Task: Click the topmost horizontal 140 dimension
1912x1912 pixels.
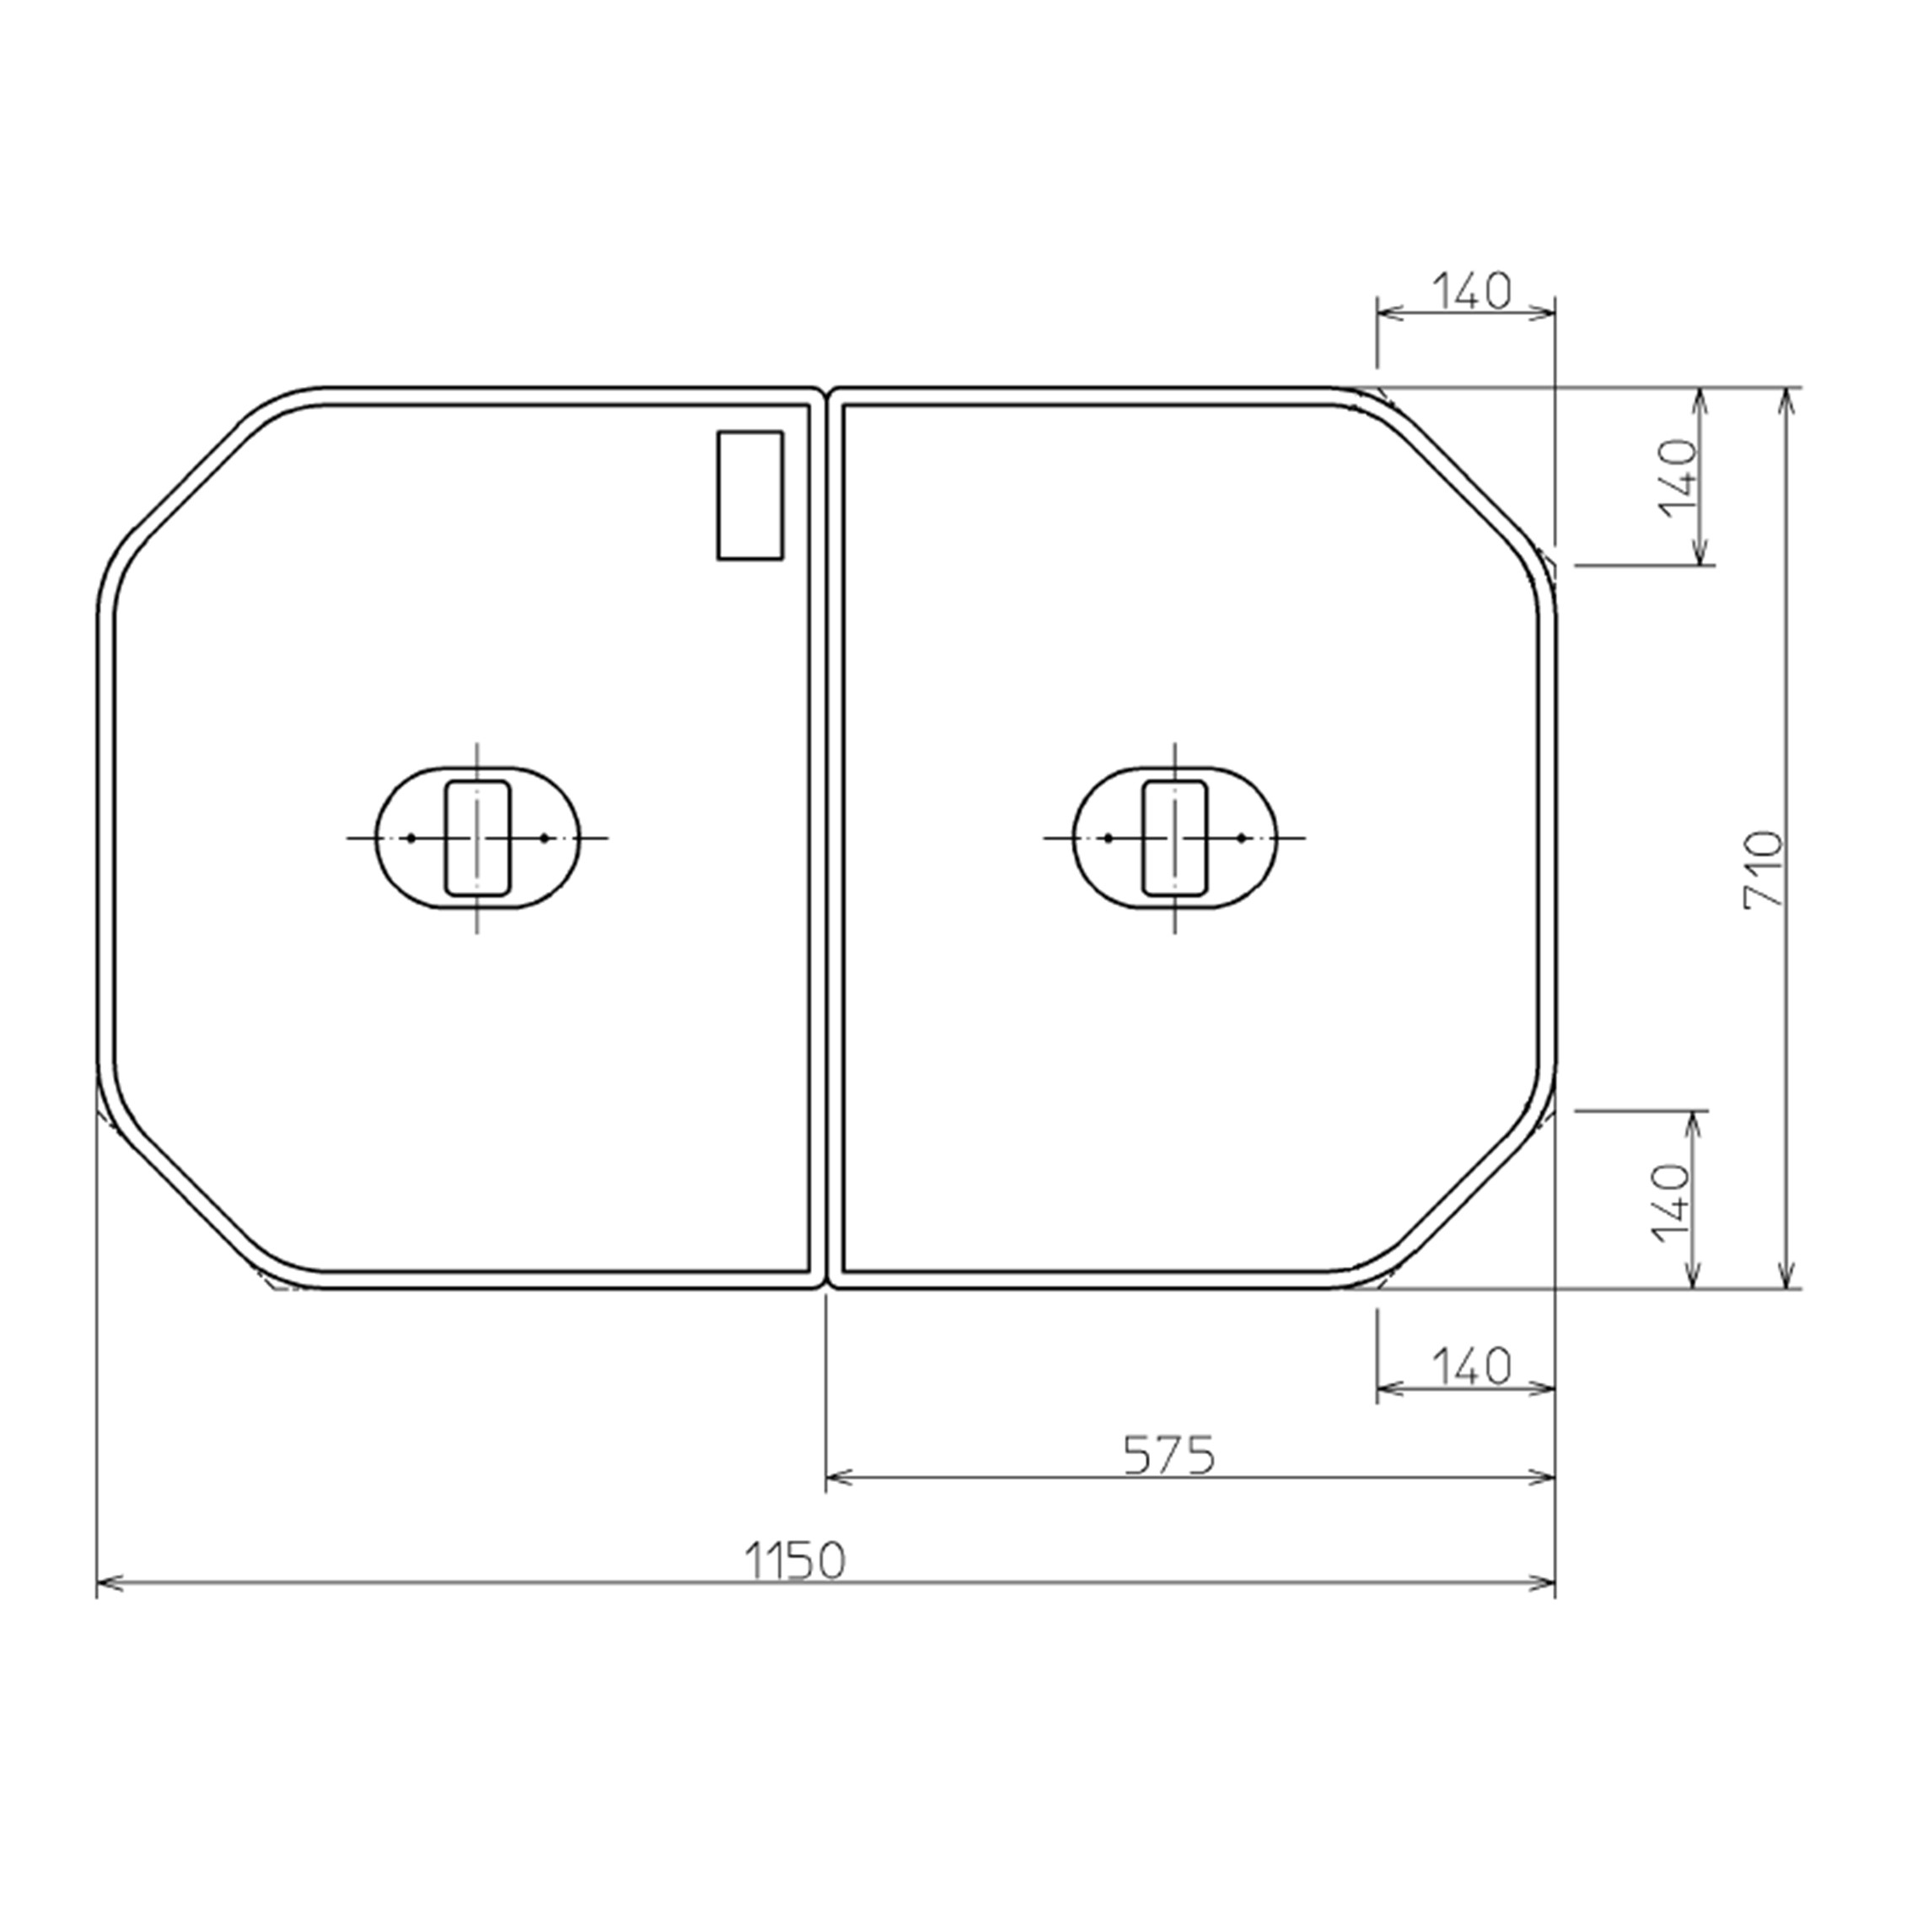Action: (x=1472, y=291)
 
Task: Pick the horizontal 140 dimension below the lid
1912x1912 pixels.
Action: (x=1472, y=1367)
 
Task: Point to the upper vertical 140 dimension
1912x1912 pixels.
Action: (x=1678, y=478)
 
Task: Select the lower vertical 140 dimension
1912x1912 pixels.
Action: (x=1672, y=1201)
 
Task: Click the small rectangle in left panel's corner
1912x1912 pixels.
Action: (x=750, y=495)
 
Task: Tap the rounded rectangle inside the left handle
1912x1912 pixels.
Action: (x=478, y=838)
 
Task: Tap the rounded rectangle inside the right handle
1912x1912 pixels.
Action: (x=1176, y=838)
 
